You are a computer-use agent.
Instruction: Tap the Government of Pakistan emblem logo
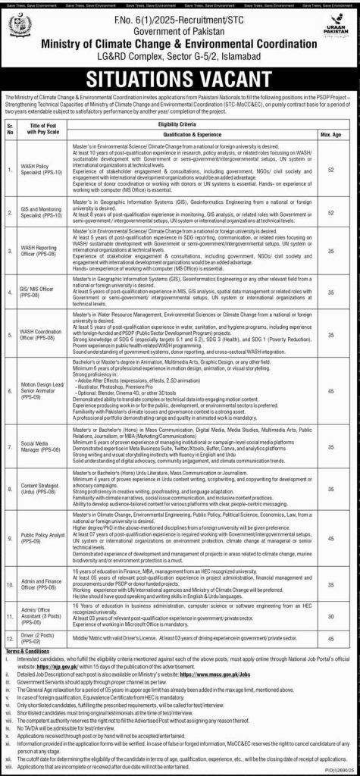point(20,29)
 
